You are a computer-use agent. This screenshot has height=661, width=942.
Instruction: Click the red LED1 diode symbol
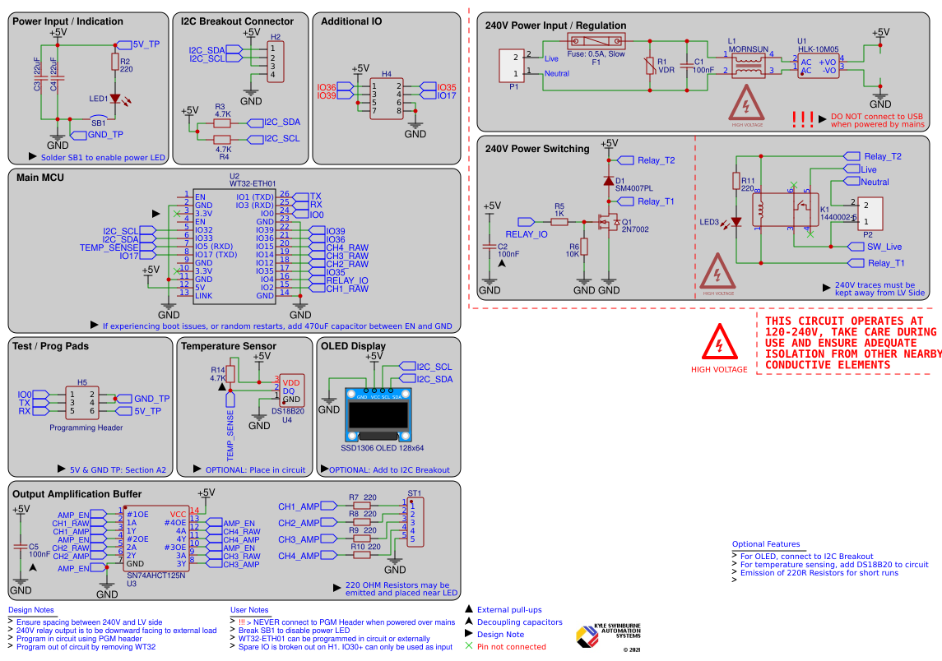[x=116, y=99]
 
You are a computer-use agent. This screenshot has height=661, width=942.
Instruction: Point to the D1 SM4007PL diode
[x=609, y=181]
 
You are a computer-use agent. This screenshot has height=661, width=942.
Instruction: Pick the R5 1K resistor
[x=559, y=221]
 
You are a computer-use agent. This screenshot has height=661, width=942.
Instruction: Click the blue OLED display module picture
[x=378, y=417]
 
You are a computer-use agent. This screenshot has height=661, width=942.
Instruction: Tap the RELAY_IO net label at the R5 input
[x=527, y=234]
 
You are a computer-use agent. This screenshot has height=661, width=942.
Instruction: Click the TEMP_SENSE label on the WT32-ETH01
[x=109, y=247]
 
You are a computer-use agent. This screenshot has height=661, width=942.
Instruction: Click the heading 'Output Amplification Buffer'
[x=77, y=494]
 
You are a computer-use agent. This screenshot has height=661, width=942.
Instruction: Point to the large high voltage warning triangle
[x=719, y=340]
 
